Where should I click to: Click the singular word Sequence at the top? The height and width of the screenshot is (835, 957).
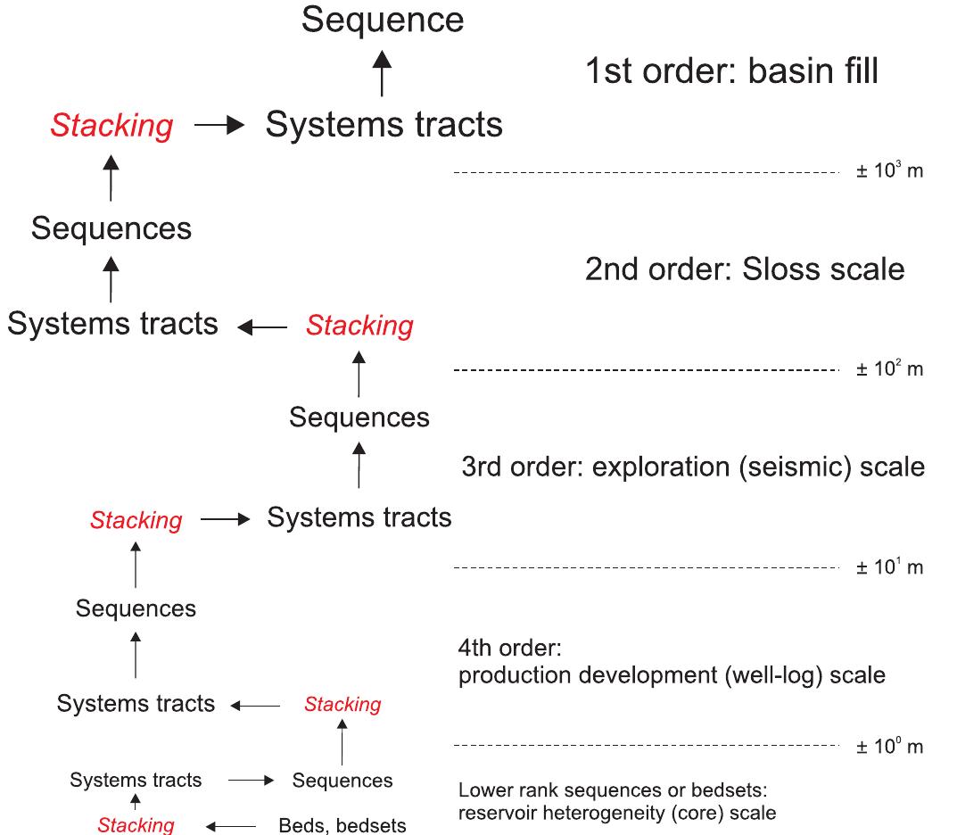coord(383,20)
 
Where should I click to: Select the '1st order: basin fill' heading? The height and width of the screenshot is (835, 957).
coord(731,71)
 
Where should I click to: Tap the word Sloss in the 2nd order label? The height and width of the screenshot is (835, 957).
coord(781,269)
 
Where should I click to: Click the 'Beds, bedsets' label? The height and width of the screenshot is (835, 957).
coord(342,825)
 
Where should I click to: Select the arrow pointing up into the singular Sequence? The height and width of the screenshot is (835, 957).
coord(382,73)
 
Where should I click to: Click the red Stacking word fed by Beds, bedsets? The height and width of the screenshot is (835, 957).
coord(136,825)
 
